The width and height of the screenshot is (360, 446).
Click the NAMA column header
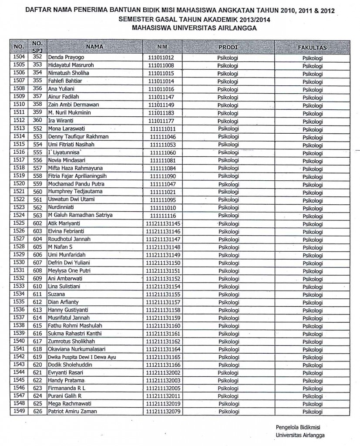tap(94, 46)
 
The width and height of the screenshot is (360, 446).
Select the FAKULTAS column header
tap(313, 47)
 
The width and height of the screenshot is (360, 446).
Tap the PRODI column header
tap(228, 46)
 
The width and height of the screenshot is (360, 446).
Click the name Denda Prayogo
tap(66, 57)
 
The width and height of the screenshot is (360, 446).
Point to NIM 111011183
tap(161, 113)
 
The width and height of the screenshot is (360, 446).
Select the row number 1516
tap(19, 152)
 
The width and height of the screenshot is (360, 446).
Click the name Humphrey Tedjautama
tap(72, 192)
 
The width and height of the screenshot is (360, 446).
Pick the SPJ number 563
tap(37, 215)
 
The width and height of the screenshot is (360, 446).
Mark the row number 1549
tap(19, 411)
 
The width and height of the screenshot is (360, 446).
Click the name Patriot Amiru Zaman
tap(72, 412)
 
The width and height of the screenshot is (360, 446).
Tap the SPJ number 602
tap(37, 223)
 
